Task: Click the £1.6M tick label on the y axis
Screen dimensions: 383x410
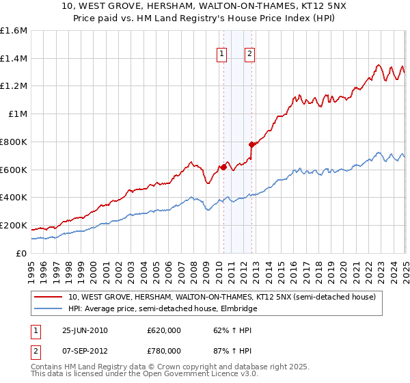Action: [14, 31]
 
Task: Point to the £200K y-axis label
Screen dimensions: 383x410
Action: [14, 225]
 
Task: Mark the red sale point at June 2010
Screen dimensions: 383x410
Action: [223, 167]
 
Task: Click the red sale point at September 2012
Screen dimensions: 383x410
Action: [251, 144]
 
